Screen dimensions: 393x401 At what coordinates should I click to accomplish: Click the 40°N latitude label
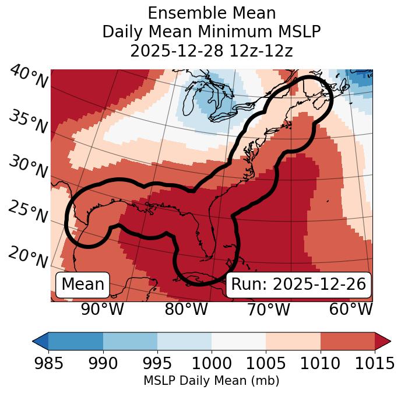pos(28,78)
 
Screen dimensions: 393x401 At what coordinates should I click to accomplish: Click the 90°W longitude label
pos(103,309)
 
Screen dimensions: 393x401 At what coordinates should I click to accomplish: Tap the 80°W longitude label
pos(186,309)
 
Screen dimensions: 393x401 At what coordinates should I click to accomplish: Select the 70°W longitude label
pos(268,309)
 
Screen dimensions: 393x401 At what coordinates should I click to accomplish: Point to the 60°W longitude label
pos(351,309)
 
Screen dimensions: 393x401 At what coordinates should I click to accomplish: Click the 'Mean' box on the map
pos(83,285)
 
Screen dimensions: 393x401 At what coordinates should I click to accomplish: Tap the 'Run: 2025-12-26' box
pos(298,285)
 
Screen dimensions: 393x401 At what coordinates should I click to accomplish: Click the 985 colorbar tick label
pos(49,363)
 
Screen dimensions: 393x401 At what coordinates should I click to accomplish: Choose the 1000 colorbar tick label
pos(212,363)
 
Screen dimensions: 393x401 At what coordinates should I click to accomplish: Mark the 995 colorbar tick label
pos(157,363)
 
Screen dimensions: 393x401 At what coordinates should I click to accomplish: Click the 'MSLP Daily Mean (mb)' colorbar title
pos(212,381)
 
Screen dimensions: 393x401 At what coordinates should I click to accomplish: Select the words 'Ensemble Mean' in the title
pos(212,13)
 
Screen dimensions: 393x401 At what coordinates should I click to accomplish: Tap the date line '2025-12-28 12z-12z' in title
pos(212,51)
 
